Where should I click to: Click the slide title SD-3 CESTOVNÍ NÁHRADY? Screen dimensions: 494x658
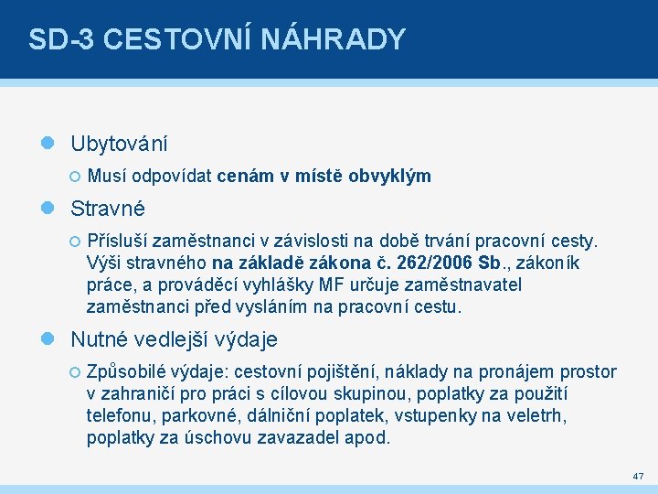click(x=217, y=39)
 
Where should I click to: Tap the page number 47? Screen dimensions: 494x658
click(x=637, y=477)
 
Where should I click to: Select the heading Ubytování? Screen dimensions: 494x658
click(x=119, y=145)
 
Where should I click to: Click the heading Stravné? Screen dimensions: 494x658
click(x=108, y=209)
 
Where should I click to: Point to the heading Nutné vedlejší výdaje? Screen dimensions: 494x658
click(x=174, y=339)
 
